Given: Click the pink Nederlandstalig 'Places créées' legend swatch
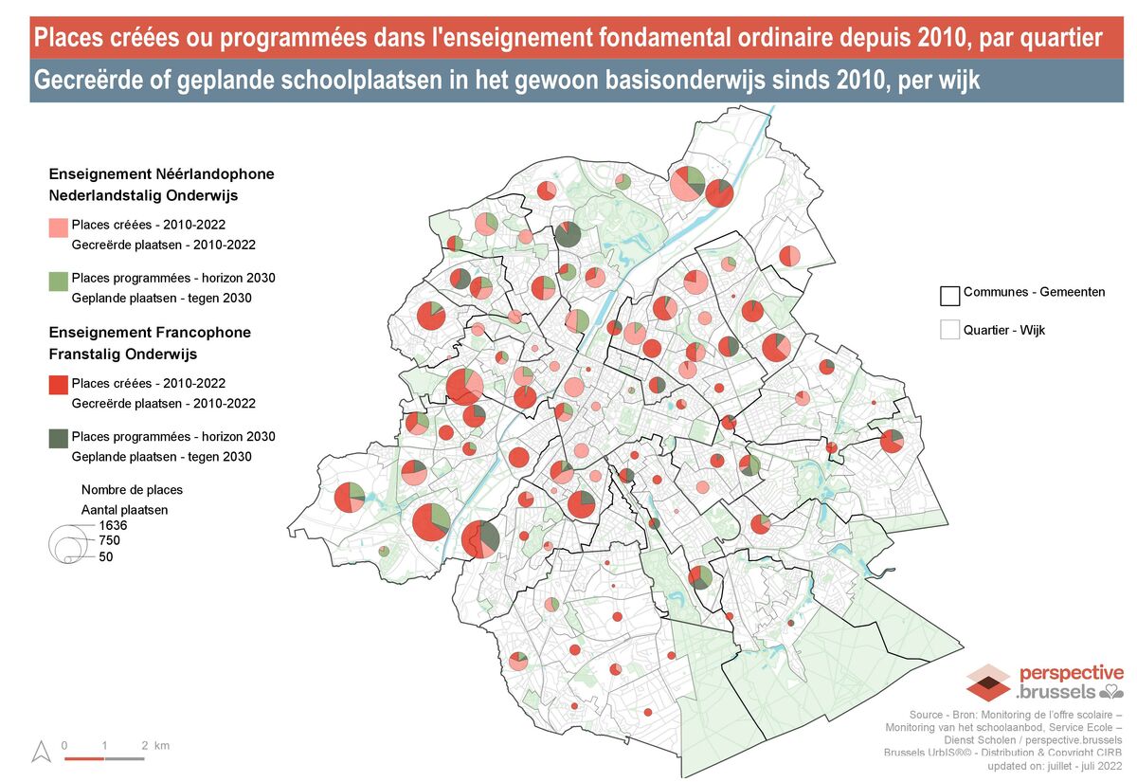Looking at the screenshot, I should click(x=59, y=227).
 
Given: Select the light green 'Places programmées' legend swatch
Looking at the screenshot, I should click(x=59, y=281).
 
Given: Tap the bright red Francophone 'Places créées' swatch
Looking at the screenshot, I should click(x=59, y=384).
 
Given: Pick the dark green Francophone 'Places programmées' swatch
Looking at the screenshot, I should click(x=59, y=437).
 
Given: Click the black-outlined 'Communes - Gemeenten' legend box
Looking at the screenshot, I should click(x=950, y=295).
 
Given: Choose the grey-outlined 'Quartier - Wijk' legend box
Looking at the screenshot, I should click(x=950, y=330).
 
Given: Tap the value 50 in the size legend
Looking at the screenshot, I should click(x=106, y=557).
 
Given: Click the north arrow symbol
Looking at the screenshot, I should click(x=41, y=752).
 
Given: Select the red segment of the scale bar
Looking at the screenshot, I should click(x=83, y=758).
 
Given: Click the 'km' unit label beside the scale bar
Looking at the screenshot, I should click(x=162, y=746).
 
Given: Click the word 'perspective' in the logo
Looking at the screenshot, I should click(x=1072, y=673).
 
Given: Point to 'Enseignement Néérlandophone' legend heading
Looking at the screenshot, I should click(x=161, y=174).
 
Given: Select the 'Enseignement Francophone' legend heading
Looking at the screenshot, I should click(x=150, y=333).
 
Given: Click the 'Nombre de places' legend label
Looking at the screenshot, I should click(x=132, y=490).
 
